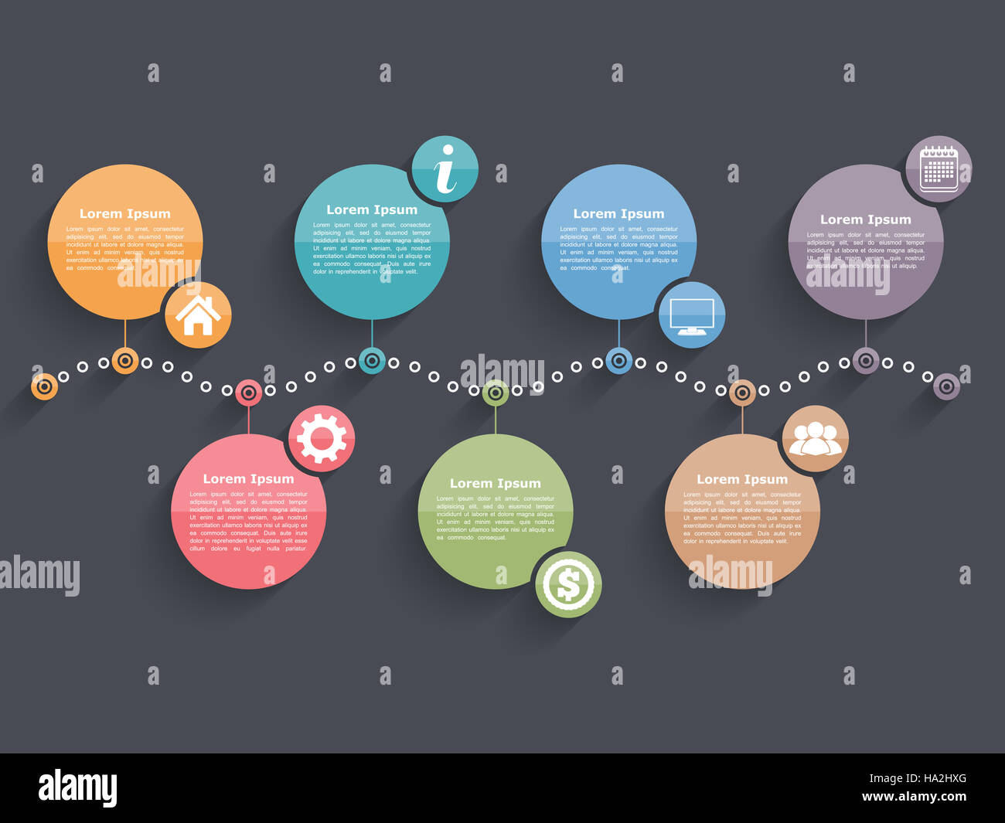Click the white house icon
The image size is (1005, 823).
click(x=198, y=315)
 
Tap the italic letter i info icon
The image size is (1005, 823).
click(x=445, y=169)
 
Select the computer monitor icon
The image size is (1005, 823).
click(x=692, y=315)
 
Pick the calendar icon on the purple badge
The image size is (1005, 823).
click(x=939, y=168)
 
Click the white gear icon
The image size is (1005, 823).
click(x=322, y=438)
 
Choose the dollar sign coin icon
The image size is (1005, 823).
click(x=568, y=584)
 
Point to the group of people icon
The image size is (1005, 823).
click(x=815, y=438)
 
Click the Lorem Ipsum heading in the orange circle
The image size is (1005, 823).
click(x=125, y=214)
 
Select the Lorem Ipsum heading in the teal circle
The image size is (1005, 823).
click(x=372, y=209)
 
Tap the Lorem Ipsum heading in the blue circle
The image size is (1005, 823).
click(x=618, y=214)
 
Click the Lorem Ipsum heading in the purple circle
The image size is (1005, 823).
click(x=865, y=219)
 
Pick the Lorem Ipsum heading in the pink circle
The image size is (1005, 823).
click(x=248, y=479)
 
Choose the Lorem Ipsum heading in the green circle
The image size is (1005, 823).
click(x=495, y=484)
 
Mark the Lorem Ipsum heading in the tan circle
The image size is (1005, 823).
click(x=742, y=479)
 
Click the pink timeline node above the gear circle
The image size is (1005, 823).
click(x=248, y=393)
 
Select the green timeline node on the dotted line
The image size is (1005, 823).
click(x=496, y=393)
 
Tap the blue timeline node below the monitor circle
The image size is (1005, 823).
click(x=618, y=360)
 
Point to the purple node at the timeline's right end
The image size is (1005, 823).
click(x=946, y=386)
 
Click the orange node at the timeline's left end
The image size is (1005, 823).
click(x=44, y=386)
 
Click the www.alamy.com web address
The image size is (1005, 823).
click(x=914, y=797)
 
